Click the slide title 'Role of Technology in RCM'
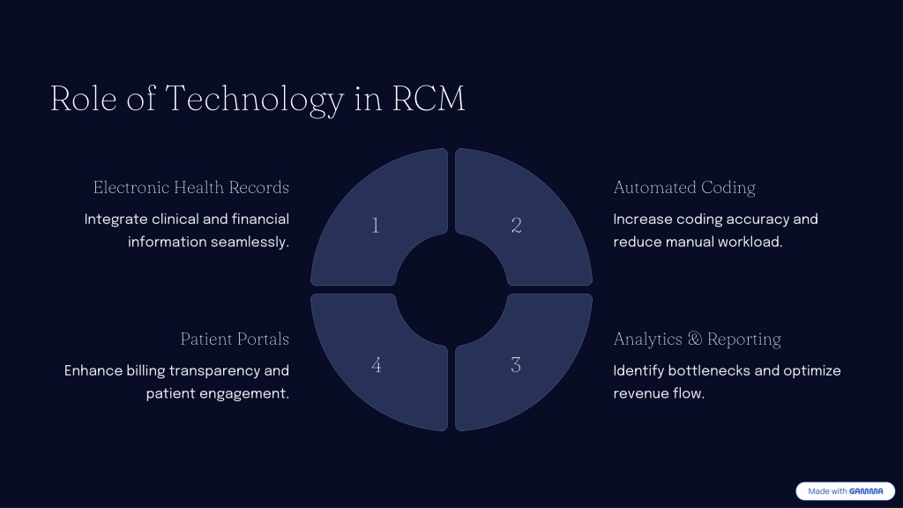[257, 99]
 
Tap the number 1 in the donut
[376, 225]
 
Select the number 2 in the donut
[517, 225]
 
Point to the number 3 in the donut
[516, 365]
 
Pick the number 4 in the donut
[376, 365]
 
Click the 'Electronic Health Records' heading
[191, 188]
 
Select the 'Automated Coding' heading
[684, 188]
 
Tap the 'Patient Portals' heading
[235, 340]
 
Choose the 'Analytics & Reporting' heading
[697, 340]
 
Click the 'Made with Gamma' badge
[846, 491]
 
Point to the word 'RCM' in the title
[429, 99]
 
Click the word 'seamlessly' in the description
[250, 242]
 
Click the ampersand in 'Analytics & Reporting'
[695, 339]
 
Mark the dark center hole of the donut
[451, 289]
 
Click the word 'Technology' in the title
[255, 99]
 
